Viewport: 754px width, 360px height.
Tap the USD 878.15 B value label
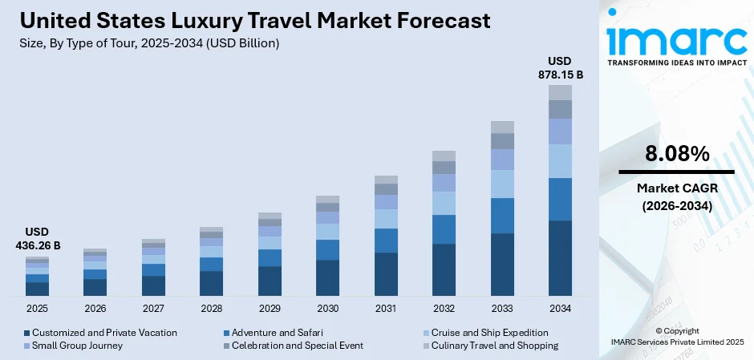tap(560, 67)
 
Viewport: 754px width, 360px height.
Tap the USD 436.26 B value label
tap(37, 238)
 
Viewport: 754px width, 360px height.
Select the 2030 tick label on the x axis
tap(327, 308)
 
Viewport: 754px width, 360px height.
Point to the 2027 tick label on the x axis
tap(153, 308)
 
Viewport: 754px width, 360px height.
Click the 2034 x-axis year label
tap(560, 308)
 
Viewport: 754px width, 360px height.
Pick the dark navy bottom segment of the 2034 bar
tap(560, 257)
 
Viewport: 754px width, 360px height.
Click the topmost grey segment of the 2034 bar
tap(560, 92)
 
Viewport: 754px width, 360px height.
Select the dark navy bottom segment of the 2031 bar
tap(386, 273)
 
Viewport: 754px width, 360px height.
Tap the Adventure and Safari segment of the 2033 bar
tap(502, 215)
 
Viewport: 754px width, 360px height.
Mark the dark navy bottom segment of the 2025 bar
tap(37, 288)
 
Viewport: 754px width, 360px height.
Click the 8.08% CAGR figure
tap(675, 153)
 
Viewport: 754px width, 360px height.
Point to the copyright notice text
tap(676, 336)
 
